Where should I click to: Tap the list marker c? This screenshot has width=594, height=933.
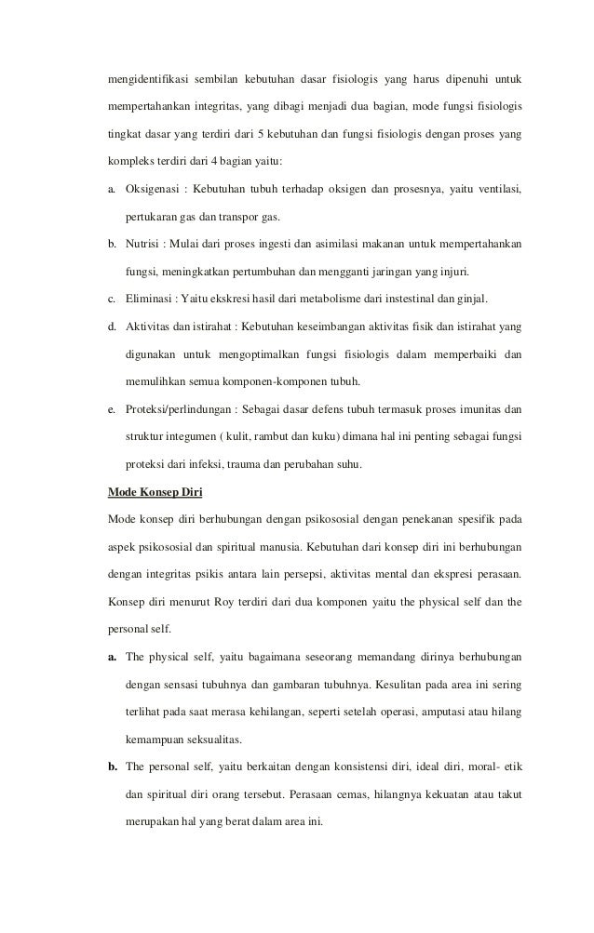coord(112,299)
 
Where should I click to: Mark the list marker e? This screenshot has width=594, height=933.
coord(112,409)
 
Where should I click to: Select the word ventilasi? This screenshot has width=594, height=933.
coord(496,191)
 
